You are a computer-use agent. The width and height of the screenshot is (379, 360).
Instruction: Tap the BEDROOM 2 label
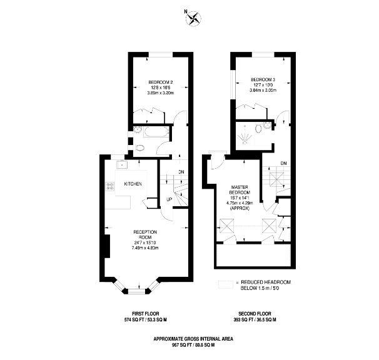click(x=160, y=82)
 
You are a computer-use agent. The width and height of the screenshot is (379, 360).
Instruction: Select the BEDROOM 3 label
click(x=263, y=79)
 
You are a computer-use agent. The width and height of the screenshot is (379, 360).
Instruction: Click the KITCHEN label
click(x=133, y=184)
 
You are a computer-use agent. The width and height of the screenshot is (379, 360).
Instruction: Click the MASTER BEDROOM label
click(x=240, y=191)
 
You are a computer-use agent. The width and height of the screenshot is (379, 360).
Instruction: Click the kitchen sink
click(x=121, y=165)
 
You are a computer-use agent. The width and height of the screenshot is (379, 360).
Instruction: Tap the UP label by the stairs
click(x=169, y=200)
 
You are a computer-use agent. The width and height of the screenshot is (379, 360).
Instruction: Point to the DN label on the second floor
click(x=283, y=163)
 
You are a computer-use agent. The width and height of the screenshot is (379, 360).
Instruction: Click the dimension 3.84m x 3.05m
click(x=263, y=90)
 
